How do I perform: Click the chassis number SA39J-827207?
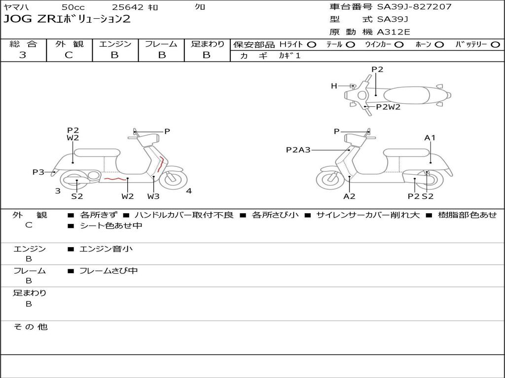click(x=414, y=7)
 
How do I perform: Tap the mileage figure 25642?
click(x=128, y=7)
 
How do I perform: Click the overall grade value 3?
click(x=23, y=55)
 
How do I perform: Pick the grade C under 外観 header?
click(x=69, y=55)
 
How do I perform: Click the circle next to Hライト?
click(x=312, y=45)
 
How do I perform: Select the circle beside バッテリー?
click(x=495, y=45)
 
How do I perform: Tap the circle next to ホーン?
click(x=439, y=45)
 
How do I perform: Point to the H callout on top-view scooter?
click(x=334, y=86)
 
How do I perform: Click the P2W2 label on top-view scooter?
click(x=388, y=107)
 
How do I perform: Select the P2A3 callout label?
click(x=298, y=150)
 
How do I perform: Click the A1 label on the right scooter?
click(x=430, y=138)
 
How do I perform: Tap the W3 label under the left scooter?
click(x=153, y=196)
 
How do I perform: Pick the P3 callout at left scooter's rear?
click(x=38, y=172)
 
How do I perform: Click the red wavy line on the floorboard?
click(x=114, y=178)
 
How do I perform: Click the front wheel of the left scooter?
click(x=173, y=180)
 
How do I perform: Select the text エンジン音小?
click(x=106, y=249)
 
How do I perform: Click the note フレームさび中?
click(x=108, y=271)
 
